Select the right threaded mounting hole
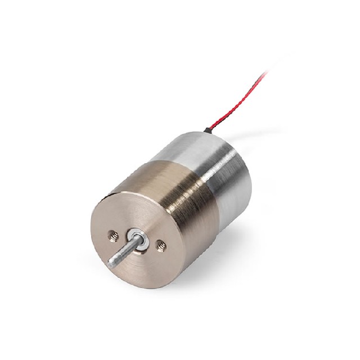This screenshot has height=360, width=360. tap(161, 244)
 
